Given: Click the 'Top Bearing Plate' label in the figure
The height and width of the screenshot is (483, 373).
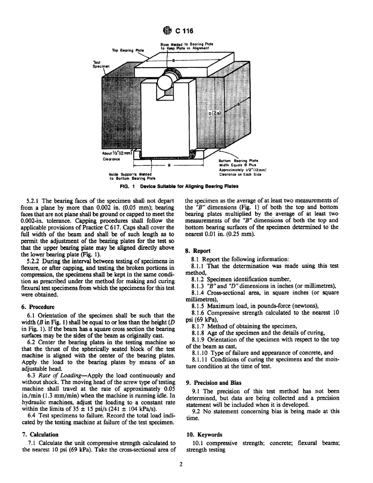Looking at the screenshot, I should click(x=129, y=50).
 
